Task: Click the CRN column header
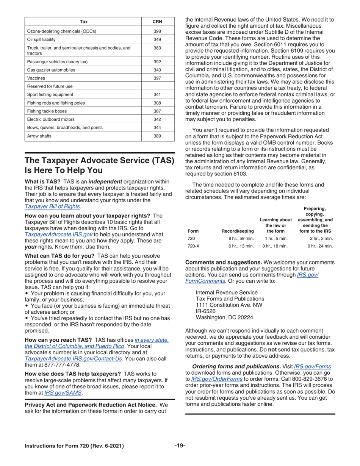(x=157, y=22)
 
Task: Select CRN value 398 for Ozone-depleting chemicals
(x=157, y=31)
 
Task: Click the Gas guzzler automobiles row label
(x=51, y=70)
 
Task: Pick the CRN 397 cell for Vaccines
(x=157, y=78)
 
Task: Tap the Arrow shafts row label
(x=39, y=136)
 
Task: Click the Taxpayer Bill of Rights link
(x=52, y=206)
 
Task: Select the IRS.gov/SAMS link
(x=63, y=393)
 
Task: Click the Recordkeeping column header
(x=238, y=231)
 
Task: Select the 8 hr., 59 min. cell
(x=241, y=239)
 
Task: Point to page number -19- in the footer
(x=180, y=446)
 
